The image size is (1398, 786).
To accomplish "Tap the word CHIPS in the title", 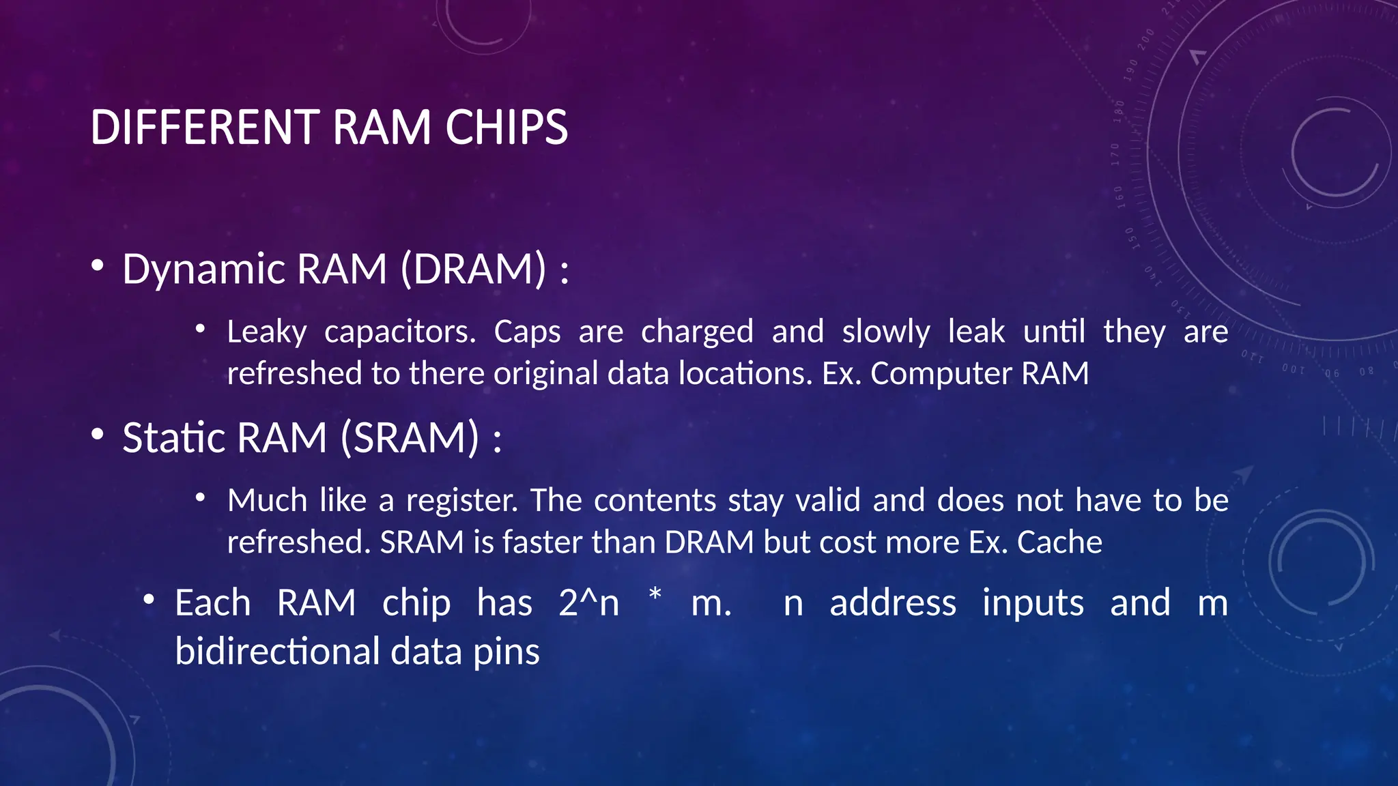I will tap(507, 128).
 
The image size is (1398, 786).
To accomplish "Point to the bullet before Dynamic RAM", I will tap(98, 265).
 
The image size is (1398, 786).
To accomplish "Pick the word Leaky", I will tap(267, 332).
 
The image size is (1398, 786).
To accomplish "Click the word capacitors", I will tap(400, 332).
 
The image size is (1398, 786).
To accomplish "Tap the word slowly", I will tap(886, 332).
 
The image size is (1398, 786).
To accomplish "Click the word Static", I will tap(174, 437).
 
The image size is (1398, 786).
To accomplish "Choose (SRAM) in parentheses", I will tap(410, 437).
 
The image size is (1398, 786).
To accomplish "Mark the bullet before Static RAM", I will tap(98, 434).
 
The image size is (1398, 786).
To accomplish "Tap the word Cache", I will tap(1059, 542).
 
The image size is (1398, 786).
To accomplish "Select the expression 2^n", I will tap(588, 603).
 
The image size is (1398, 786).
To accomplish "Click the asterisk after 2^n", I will tap(655, 595).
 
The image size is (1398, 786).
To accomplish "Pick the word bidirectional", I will tap(277, 652).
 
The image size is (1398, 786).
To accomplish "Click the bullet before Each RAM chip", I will tap(149, 600).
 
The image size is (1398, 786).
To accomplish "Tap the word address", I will tap(893, 603).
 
